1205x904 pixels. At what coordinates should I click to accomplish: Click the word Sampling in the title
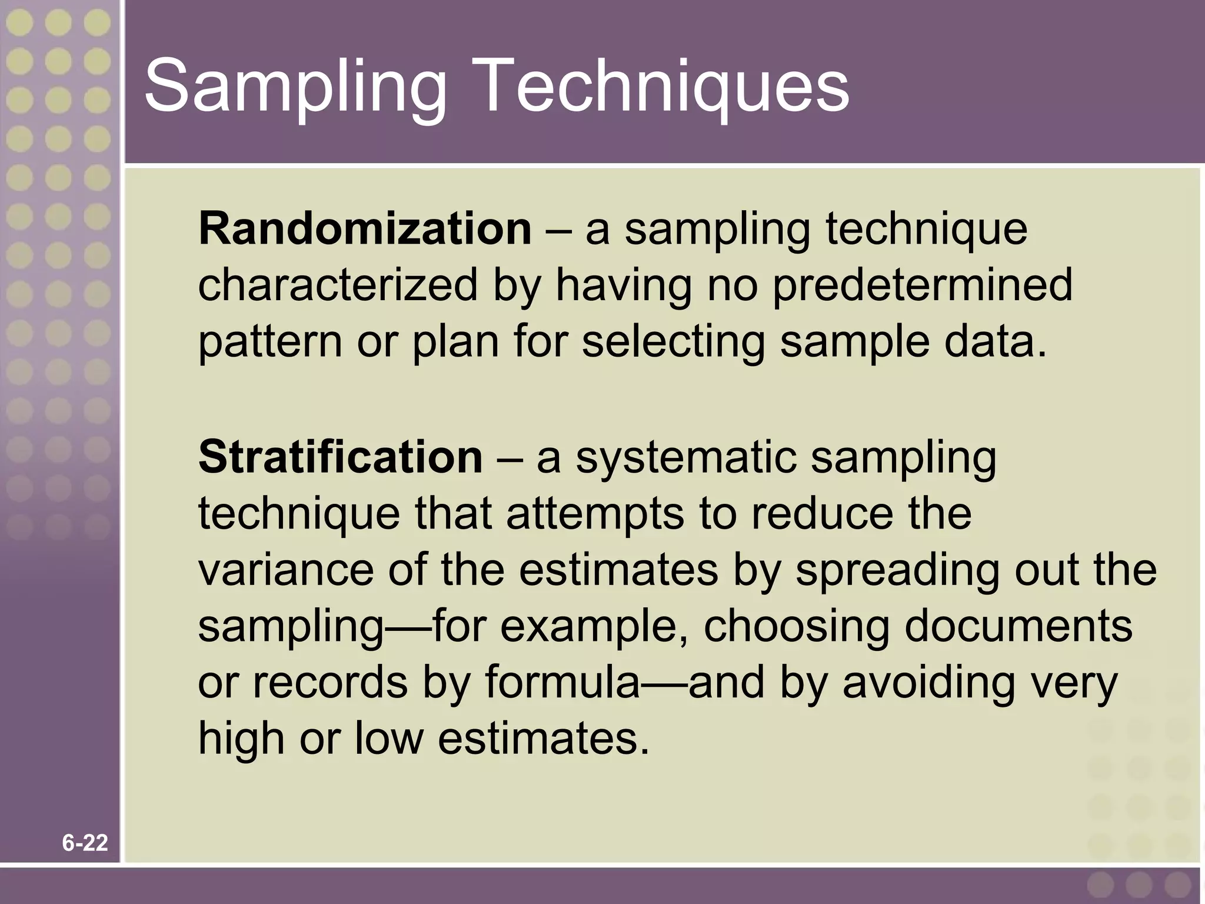pyautogui.click(x=294, y=88)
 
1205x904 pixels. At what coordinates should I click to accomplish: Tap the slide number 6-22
pyautogui.click(x=85, y=843)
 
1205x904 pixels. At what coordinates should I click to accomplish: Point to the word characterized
pyautogui.click(x=338, y=285)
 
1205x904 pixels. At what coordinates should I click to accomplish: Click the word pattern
pyautogui.click(x=269, y=343)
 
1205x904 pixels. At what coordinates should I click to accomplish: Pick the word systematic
pyautogui.click(x=685, y=458)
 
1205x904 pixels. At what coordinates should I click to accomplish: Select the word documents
pyautogui.click(x=1018, y=626)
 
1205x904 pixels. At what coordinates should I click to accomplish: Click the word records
pyautogui.click(x=330, y=683)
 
